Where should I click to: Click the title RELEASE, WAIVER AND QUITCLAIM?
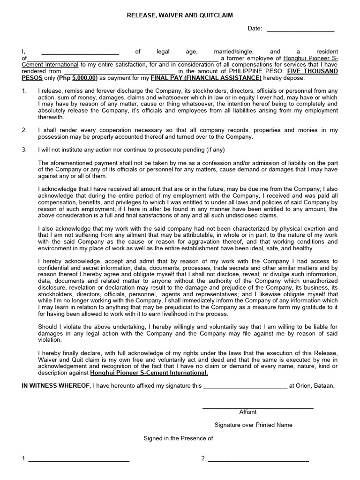tap(180, 15)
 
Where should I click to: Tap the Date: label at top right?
tap(255, 29)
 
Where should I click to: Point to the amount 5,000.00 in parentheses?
tap(83, 78)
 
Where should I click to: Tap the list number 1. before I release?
tap(24, 91)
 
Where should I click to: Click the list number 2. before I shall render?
tap(24, 130)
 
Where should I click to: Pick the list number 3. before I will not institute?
tap(24, 150)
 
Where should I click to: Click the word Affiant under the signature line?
tap(248, 412)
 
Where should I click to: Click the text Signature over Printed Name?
tap(253, 425)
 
